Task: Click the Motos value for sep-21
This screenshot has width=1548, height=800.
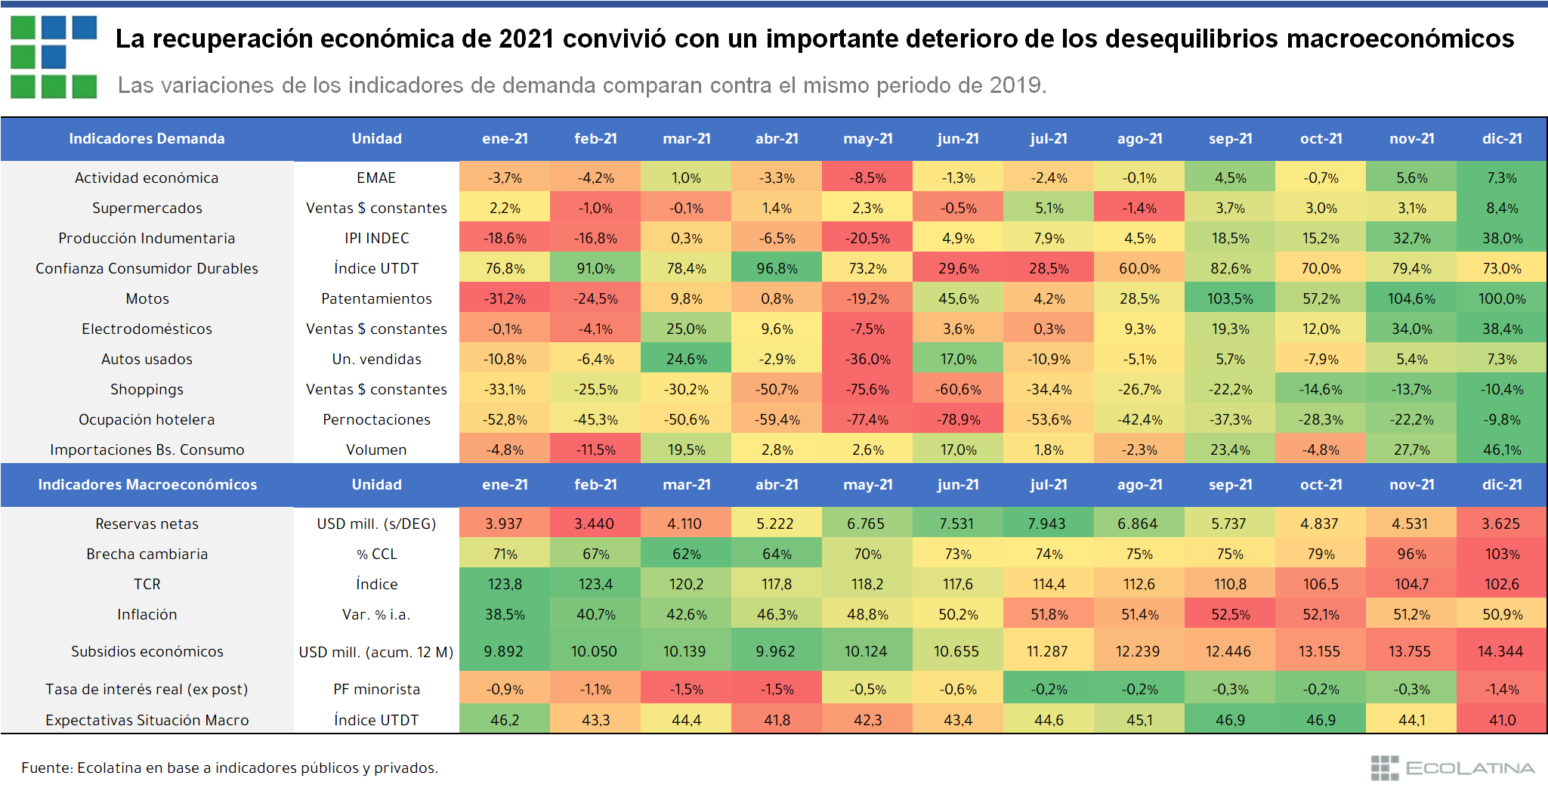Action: coord(1230,298)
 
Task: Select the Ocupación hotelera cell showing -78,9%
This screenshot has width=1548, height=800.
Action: coord(958,419)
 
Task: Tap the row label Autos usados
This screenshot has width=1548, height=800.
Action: coord(147,359)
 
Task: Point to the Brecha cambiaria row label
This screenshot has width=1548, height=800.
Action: coord(147,554)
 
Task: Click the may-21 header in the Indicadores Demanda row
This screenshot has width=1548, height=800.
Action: coord(867,138)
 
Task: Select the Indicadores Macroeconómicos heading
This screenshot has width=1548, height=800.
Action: coord(147,484)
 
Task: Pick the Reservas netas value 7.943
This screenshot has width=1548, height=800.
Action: coord(1048,524)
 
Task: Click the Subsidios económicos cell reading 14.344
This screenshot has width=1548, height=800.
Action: coord(1500,651)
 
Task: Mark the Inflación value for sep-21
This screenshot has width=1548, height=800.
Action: coord(1230,614)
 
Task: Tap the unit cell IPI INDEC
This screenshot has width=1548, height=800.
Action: coord(376,238)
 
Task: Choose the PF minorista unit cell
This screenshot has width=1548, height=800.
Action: coord(376,689)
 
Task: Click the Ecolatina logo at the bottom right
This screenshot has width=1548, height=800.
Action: coord(1452,768)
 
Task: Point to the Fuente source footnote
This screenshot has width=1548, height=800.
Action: coord(230,768)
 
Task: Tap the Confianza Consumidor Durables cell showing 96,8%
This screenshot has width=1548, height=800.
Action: coord(777,268)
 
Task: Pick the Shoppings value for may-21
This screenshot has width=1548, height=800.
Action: coord(867,389)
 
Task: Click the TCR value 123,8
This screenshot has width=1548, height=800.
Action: coord(504,584)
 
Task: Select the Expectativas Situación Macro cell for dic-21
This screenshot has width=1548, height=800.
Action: coord(1502,720)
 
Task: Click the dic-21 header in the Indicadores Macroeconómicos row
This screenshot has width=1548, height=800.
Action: coord(1502,484)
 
